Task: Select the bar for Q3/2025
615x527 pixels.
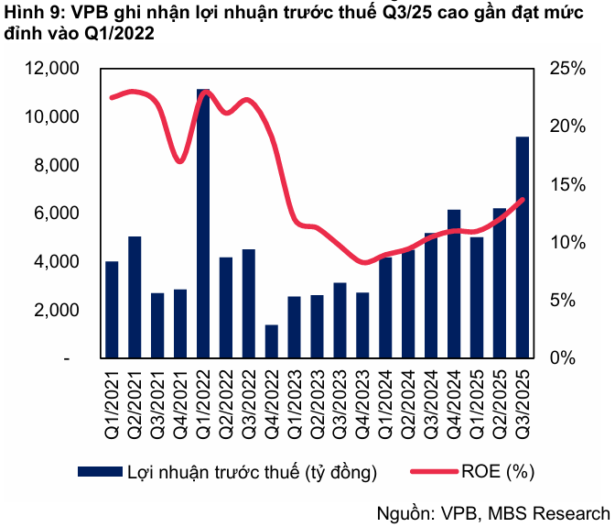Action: [x=523, y=247]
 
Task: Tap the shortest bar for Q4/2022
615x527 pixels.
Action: [x=272, y=341]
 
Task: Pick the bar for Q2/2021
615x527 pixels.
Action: [x=135, y=297]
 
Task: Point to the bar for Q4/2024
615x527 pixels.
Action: [x=454, y=283]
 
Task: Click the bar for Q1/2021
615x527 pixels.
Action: [x=112, y=309]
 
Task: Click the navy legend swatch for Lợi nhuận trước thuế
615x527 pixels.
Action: [x=100, y=471]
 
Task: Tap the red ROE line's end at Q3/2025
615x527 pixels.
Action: [x=523, y=199]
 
